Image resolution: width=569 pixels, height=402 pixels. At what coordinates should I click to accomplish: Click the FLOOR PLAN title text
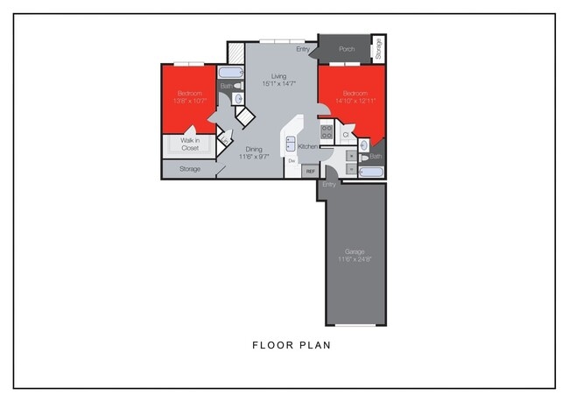[292, 345]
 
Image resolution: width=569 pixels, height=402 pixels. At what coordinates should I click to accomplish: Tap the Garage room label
[355, 251]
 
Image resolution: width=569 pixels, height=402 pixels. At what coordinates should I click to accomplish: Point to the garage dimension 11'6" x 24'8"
[355, 259]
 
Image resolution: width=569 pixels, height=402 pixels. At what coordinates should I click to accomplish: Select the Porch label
[347, 49]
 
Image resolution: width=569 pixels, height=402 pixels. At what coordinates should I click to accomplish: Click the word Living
[278, 76]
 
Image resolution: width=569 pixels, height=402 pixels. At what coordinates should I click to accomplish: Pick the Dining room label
[253, 148]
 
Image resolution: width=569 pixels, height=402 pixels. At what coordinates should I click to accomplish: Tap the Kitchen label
[307, 146]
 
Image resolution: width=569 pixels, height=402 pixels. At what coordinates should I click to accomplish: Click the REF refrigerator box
[310, 172]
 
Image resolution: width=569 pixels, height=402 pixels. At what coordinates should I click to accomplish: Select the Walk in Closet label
[190, 145]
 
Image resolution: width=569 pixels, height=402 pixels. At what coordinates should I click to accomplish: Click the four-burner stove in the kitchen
[326, 132]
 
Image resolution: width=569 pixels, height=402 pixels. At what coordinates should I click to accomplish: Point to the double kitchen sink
[291, 144]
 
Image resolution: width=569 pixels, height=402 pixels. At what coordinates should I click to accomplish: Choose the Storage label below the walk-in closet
[190, 168]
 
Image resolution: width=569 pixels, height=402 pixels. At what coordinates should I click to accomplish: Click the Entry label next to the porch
[303, 49]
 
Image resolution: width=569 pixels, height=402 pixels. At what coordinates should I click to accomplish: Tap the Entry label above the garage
[329, 185]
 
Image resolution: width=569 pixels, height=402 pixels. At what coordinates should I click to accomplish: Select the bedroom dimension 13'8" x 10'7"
[190, 101]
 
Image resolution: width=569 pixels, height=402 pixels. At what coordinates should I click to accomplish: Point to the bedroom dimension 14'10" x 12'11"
[354, 101]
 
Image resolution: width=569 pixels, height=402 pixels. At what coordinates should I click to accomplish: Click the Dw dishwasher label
[291, 160]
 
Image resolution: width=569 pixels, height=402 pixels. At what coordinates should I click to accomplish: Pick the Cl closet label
[346, 135]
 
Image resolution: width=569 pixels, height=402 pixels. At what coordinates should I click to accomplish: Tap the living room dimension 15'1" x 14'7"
[278, 84]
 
